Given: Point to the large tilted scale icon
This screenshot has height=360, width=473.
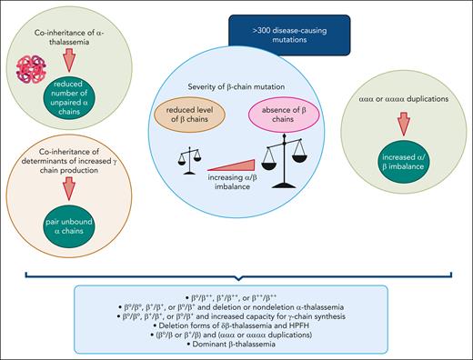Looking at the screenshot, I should [x=284, y=159].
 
